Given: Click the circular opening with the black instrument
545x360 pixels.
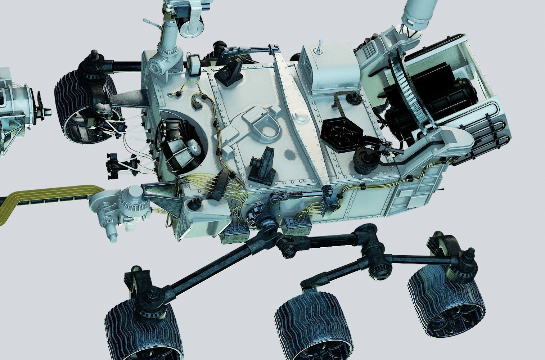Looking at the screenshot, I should point(182,144).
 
